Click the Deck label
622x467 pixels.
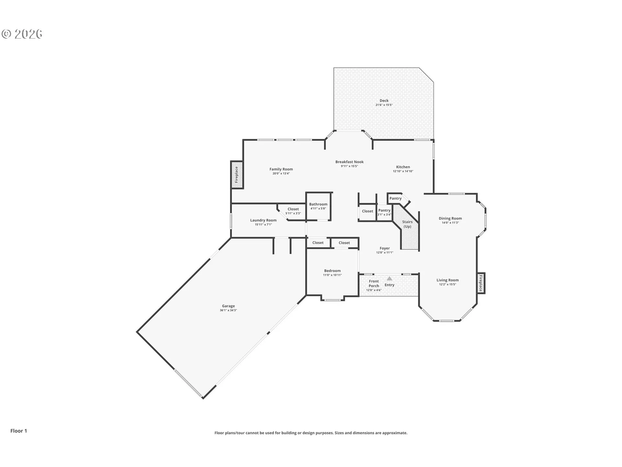384,101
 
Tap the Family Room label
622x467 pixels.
281,169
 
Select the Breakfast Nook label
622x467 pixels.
349,162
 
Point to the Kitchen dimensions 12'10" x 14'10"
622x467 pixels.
403,171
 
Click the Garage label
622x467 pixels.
228,306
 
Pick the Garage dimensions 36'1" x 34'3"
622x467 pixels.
228,310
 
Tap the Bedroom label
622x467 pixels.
332,271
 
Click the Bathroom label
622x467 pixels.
318,204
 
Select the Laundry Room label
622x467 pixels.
263,220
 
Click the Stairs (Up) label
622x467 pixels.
408,224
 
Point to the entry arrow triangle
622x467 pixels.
389,278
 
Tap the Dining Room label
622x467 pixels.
450,218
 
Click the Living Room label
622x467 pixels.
447,280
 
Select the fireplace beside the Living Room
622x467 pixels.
481,283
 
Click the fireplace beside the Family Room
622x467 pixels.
237,174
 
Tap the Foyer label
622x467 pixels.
385,248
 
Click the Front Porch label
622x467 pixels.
374,283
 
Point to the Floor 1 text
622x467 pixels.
19,431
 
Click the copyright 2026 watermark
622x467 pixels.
22,34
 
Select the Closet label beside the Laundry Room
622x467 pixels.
293,209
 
